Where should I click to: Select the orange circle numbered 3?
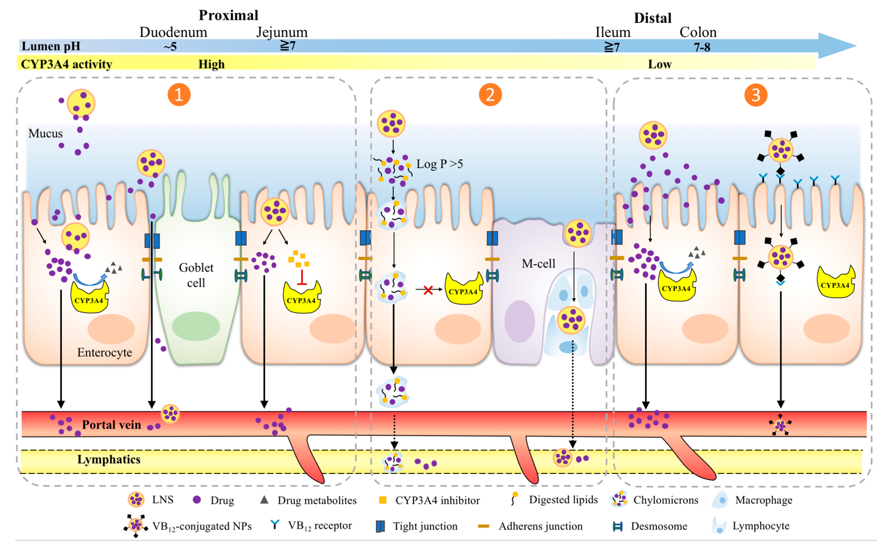click(756, 95)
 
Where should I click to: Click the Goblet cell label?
click(196, 275)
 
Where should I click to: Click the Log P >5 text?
click(439, 164)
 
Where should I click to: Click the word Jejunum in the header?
click(282, 32)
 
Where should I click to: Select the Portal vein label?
click(111, 424)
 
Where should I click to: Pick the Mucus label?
click(45, 133)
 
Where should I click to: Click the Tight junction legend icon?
click(380, 526)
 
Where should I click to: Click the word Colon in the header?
click(698, 32)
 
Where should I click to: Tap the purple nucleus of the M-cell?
click(519, 321)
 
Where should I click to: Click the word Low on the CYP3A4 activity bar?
click(660, 65)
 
